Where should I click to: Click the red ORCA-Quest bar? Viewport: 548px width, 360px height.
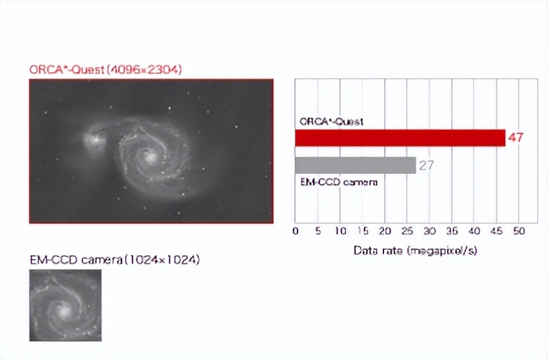pos(400,138)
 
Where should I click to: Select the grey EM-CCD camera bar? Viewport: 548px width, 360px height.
pos(355,165)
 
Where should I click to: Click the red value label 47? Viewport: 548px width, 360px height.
pos(516,138)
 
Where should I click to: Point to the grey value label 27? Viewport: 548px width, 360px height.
pos(426,165)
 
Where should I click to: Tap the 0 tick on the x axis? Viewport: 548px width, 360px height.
pos(295,230)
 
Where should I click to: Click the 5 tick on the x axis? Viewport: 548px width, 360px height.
pos(318,230)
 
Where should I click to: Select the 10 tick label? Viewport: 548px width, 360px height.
pos(340,230)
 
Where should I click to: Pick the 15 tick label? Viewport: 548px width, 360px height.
pos(363,230)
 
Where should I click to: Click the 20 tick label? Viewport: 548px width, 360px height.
pos(385,230)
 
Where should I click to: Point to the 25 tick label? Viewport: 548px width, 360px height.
pos(407,230)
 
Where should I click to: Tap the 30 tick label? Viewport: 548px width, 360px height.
pos(429,230)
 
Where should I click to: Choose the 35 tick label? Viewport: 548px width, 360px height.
pos(451,230)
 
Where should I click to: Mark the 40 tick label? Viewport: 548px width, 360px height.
pos(474,230)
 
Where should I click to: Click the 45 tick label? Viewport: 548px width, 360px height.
pos(496,230)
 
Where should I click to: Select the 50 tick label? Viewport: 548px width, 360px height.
pos(518,230)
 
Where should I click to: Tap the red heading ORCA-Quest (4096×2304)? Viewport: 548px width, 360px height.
pos(105,69)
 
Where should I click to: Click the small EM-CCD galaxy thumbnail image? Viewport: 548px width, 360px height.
pos(65,305)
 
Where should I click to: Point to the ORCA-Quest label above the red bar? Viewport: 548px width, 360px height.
pos(331,122)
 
